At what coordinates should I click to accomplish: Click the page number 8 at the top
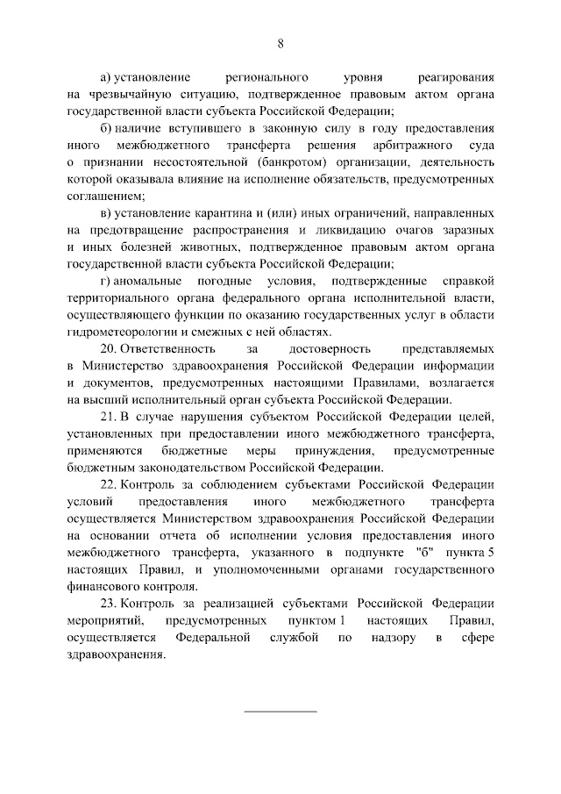tap(280, 43)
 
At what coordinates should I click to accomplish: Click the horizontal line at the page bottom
tap(280, 709)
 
